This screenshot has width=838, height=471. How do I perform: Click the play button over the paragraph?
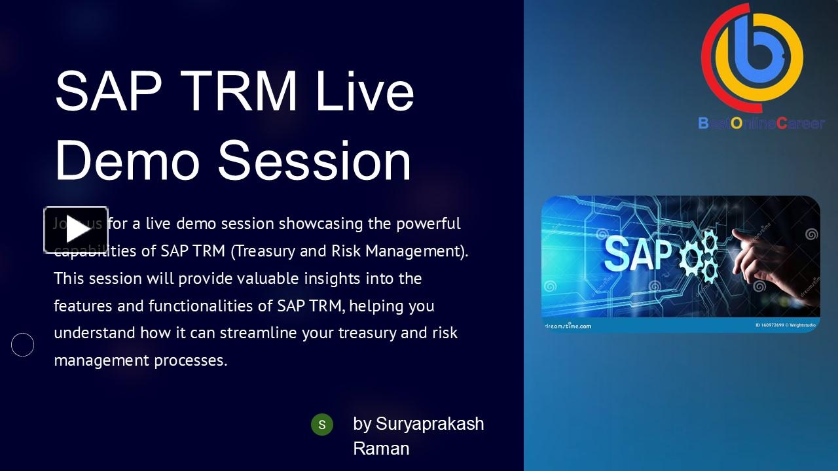click(76, 230)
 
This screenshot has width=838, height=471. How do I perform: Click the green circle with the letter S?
click(321, 425)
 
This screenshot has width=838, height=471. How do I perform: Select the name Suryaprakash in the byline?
click(429, 424)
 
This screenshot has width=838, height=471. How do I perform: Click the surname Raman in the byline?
click(381, 449)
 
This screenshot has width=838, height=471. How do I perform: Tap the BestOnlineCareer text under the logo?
click(761, 123)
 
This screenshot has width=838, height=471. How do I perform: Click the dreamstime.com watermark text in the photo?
click(568, 326)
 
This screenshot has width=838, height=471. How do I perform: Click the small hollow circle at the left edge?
click(23, 345)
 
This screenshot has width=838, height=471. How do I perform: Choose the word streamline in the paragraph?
click(259, 333)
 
